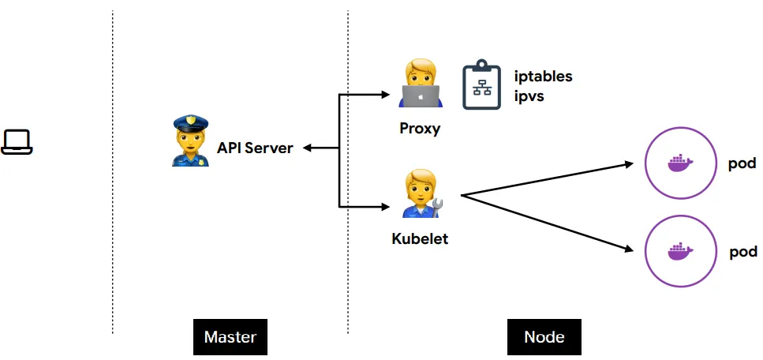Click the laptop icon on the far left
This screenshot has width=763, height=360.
coord(17,141)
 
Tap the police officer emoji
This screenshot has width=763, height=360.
coord(190,141)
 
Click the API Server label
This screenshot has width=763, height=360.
coord(255,148)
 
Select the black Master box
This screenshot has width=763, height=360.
coord(230,337)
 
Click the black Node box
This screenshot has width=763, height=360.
coord(544,337)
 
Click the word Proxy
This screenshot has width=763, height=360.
coord(420,129)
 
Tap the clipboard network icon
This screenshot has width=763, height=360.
coord(481,85)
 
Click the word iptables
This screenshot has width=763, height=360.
coord(543,77)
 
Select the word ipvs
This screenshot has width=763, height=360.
coord(529,96)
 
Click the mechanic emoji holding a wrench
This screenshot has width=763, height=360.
coord(421,194)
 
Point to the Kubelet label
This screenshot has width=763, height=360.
coord(420,238)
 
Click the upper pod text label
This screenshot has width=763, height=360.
coord(742,164)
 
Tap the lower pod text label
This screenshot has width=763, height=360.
coord(742,252)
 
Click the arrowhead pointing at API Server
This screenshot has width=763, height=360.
coord(308,148)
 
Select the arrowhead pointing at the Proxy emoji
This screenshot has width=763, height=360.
coord(386,96)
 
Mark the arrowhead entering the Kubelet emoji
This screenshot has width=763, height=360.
coord(386,207)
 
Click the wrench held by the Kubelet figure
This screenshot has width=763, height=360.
coord(438,208)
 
